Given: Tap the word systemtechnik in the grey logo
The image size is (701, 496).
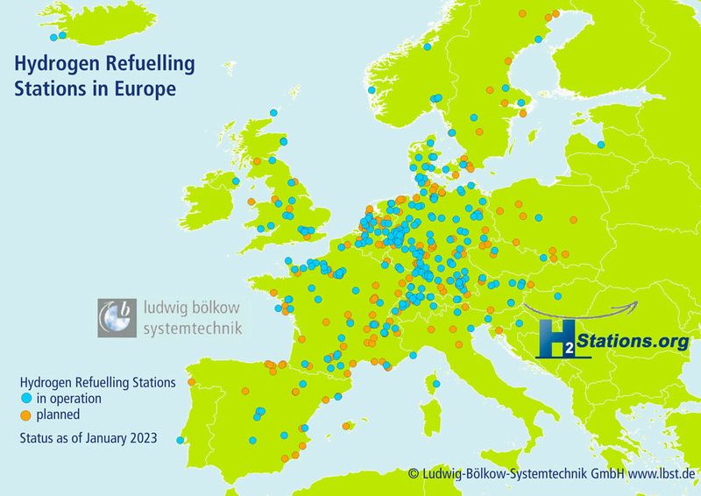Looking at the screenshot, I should pos(191,329).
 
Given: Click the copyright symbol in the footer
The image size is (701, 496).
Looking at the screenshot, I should pos(413,474).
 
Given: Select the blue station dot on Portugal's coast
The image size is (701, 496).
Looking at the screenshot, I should pos(180,440).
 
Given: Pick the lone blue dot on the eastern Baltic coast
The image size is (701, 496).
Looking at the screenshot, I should pos(601,145).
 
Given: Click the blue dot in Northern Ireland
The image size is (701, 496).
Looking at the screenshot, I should pos(236,181).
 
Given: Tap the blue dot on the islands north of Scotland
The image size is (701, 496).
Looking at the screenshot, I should pos(273,113).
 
